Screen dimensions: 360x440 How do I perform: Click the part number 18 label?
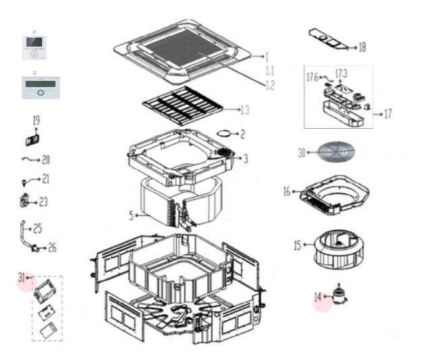tap(362, 47)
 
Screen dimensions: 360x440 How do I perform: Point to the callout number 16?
tap(287, 192)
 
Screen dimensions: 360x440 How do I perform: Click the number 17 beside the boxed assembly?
tap(387, 114)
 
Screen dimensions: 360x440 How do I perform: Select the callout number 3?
tap(246, 158)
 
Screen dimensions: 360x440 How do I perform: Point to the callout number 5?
tap(132, 216)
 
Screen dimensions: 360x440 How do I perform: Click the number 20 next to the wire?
tap(46, 160)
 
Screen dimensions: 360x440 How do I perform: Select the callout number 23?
tap(43, 201)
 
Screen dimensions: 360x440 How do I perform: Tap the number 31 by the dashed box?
tap(22, 276)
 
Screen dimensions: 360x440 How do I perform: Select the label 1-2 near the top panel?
tap(269, 85)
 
